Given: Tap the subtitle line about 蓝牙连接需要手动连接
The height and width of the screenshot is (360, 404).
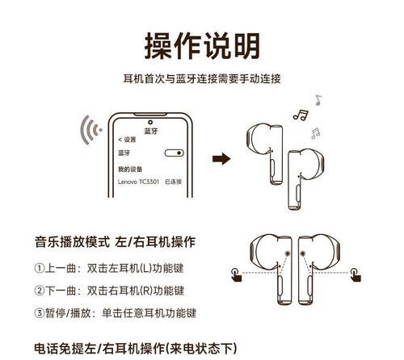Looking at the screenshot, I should (x=201, y=79).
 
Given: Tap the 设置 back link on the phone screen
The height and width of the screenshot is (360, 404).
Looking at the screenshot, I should (x=125, y=140).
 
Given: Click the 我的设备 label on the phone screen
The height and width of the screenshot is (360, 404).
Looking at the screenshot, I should (x=129, y=170).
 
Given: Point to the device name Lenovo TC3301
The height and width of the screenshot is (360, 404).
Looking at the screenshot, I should (x=138, y=183).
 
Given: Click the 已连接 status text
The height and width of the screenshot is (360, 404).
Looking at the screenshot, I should (x=174, y=183).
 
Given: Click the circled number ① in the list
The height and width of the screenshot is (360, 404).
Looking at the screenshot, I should (x=40, y=268).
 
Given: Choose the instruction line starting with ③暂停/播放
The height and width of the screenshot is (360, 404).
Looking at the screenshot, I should (x=116, y=313).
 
